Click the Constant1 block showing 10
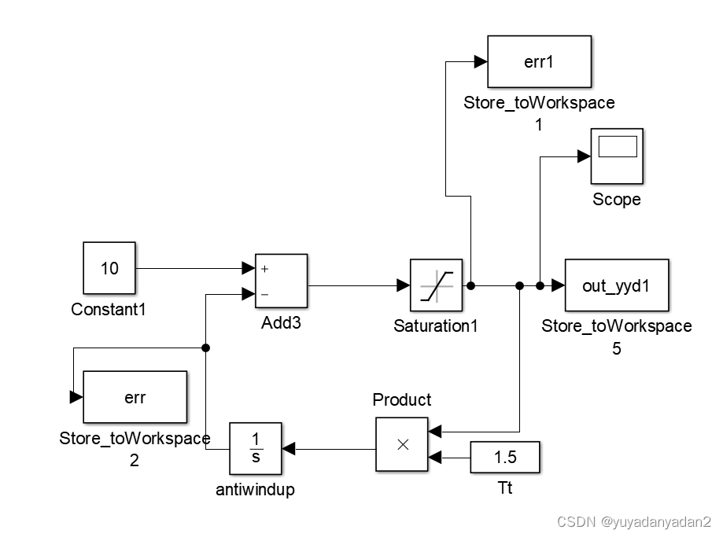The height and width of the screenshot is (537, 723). (x=109, y=268)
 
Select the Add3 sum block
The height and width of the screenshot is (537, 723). (x=281, y=280)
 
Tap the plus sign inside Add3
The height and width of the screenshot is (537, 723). (x=265, y=269)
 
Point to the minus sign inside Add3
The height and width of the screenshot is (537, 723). (x=265, y=295)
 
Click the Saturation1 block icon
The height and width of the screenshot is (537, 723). (x=436, y=285)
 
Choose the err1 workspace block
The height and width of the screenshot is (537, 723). (x=539, y=61)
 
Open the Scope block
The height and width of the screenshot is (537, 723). (x=617, y=154)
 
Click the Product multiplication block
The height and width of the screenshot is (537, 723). (x=401, y=444)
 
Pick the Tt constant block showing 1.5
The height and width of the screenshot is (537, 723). (x=505, y=457)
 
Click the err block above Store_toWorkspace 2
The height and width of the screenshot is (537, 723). (x=135, y=398)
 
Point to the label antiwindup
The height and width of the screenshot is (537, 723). (x=255, y=490)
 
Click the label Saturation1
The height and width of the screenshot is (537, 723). (x=435, y=326)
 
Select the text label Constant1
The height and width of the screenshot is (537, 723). (x=109, y=310)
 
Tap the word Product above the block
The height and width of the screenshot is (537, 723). (x=401, y=400)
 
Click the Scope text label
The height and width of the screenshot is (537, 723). (x=616, y=200)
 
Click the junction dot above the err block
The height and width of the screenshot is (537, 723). (x=205, y=348)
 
